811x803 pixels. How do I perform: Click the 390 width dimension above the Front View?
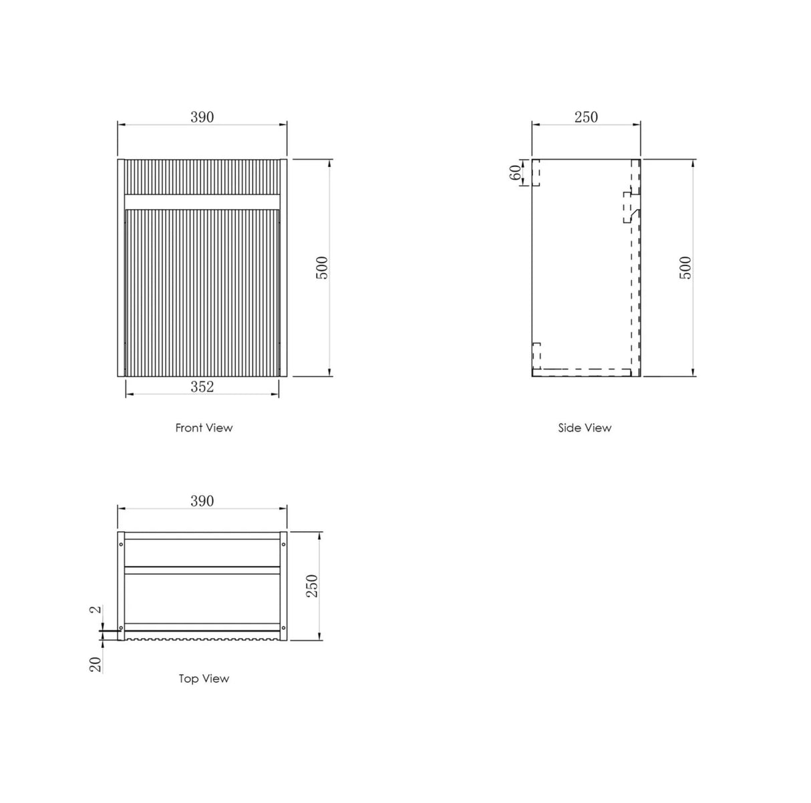tap(202, 117)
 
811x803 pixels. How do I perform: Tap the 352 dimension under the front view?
tap(202, 386)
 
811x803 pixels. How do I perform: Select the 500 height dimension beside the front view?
tap(323, 268)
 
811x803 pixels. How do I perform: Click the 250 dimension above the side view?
tap(586, 117)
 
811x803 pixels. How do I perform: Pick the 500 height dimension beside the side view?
tap(686, 268)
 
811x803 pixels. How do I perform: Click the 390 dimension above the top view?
tap(202, 501)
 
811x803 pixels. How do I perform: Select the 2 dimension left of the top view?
tap(96, 610)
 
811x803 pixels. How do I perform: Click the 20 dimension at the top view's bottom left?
tap(96, 664)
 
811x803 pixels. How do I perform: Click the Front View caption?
tap(204, 428)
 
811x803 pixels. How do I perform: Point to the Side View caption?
tap(585, 428)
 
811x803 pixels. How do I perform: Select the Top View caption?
tap(204, 679)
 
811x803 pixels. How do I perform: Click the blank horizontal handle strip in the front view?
tap(202, 201)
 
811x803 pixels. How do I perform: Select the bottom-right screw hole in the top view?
tap(284, 628)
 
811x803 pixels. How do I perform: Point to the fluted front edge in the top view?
tap(202, 639)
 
